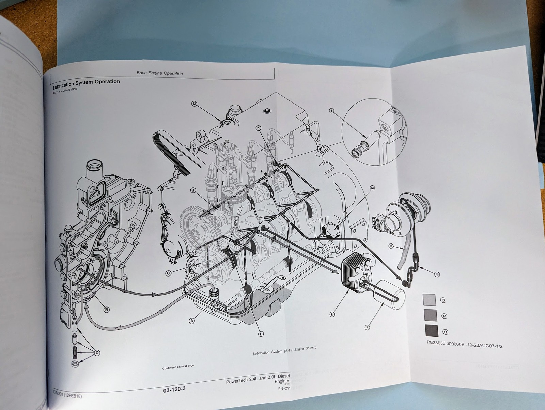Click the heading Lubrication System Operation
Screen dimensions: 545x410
pos(86,82)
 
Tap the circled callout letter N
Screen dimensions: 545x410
pos(194,104)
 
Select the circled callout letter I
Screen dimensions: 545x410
pos(332,111)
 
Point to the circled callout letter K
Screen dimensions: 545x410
pos(258,128)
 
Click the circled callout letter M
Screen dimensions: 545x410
pos(372,188)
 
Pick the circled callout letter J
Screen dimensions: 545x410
pos(193,190)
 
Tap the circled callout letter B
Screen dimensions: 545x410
pos(107,310)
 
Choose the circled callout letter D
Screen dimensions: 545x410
pos(97,353)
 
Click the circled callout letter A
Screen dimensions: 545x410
pos(192,320)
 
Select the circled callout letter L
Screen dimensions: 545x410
pos(261,334)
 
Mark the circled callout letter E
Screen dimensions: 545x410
pos(332,314)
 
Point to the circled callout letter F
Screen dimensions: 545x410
pos(367,327)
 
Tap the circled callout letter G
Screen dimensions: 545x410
pos(437,274)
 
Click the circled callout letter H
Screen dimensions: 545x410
pos(391,246)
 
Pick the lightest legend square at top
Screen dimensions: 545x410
pos(429,300)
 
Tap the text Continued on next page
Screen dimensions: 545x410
pos(178,366)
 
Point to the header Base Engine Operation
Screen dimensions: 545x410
pos(159,73)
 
